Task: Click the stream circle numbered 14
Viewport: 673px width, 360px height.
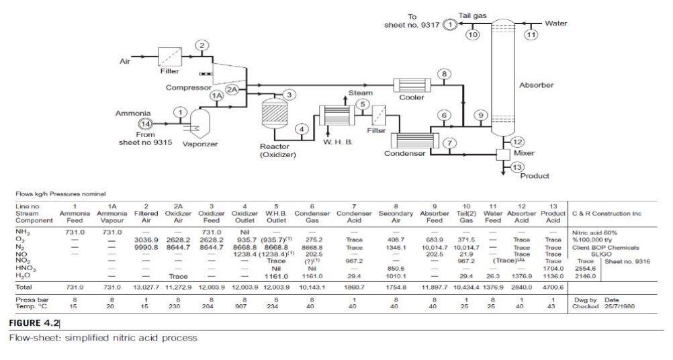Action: click(144, 124)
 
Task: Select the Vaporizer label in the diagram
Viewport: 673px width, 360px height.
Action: click(199, 144)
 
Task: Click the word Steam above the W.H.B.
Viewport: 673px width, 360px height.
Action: click(361, 93)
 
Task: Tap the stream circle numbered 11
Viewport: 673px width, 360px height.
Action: click(531, 34)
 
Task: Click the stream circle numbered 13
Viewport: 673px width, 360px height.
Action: click(517, 167)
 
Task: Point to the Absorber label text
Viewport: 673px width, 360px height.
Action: click(536, 85)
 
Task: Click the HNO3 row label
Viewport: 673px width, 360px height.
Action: click(25, 267)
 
